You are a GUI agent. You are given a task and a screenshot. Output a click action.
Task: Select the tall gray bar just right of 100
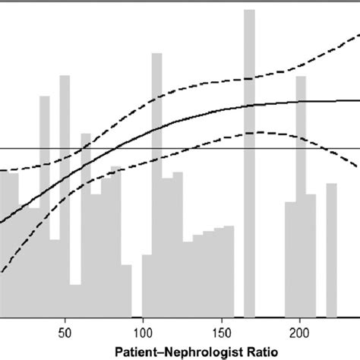click(x=156, y=190)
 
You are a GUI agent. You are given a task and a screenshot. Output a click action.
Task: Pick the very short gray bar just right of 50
click(x=74, y=300)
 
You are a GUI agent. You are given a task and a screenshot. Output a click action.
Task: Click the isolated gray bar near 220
click(x=331, y=251)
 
